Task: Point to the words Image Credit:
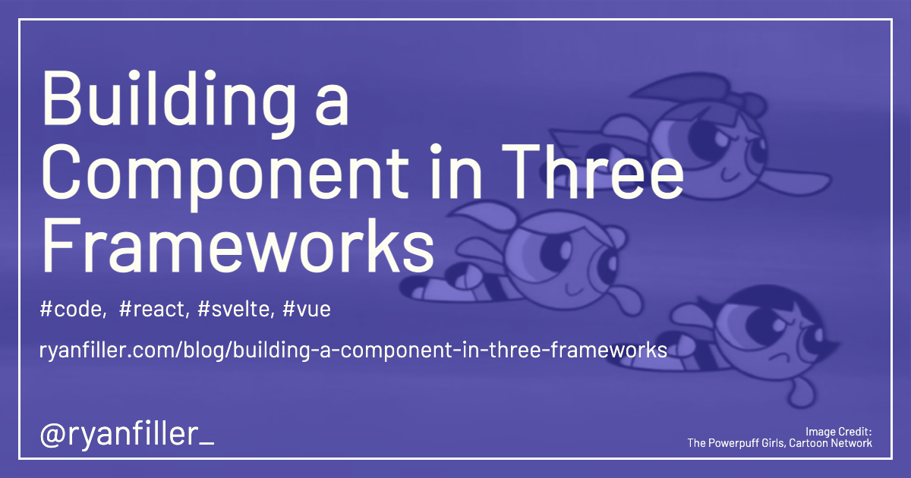[839, 432]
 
